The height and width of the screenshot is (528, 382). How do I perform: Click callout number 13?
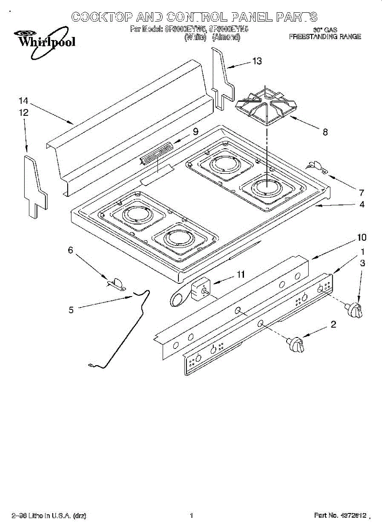coord(257,61)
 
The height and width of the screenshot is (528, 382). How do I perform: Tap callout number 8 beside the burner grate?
coord(325,132)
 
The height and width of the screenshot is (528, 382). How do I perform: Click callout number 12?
coord(23,113)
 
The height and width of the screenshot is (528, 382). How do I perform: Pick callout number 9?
coord(195,131)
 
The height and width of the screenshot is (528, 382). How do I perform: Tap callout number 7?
coord(361,192)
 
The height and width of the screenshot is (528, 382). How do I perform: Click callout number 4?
coord(361,205)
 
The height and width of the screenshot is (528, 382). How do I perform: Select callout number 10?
coord(361,238)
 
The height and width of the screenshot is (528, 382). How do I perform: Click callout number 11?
coord(240,275)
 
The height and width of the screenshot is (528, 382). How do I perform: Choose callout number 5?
coord(71,310)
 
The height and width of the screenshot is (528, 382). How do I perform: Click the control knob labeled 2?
coord(296,343)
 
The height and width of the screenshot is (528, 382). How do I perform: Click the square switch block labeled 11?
coord(201,290)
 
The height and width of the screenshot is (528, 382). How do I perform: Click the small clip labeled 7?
coord(316,166)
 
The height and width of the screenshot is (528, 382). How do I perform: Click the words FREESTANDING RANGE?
coord(325,37)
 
